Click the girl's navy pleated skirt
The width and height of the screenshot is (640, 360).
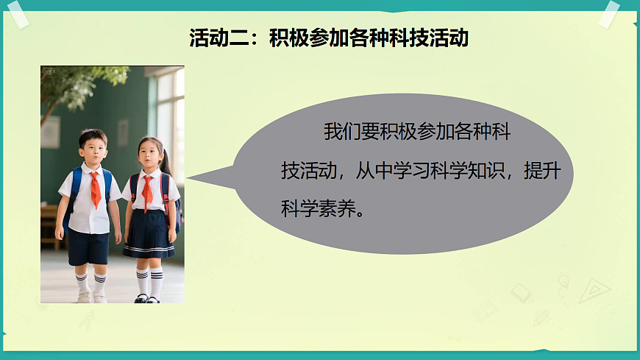click(149, 233)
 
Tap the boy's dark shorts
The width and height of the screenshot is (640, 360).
click(88, 247)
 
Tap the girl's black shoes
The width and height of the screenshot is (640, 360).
click(146, 298)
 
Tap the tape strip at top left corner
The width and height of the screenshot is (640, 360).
click(18, 13)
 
